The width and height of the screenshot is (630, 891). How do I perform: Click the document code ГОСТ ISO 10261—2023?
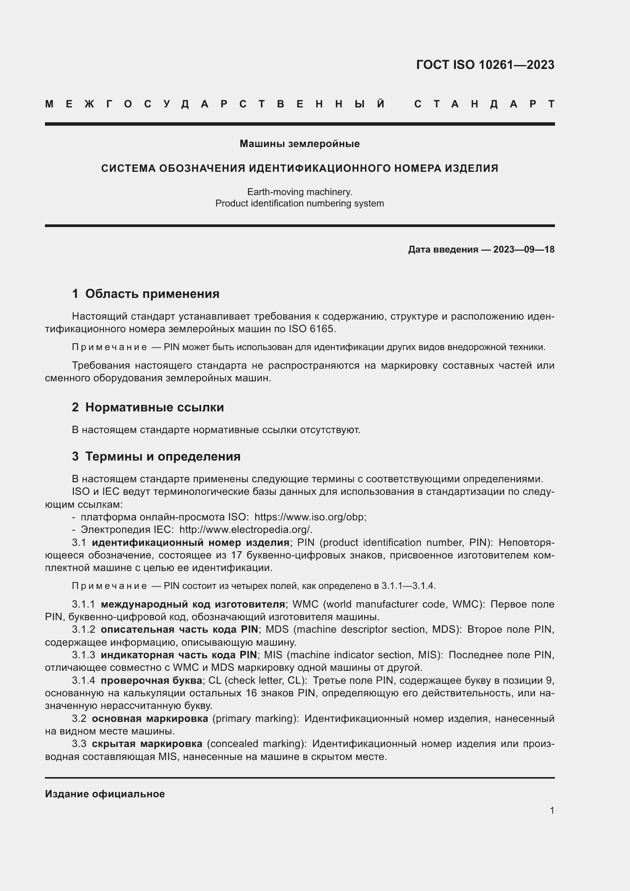pos(485,65)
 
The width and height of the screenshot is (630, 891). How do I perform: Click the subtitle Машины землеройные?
pos(299,144)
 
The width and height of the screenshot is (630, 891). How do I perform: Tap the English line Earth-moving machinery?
pos(299,192)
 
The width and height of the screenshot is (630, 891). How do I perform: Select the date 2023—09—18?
pos(524,250)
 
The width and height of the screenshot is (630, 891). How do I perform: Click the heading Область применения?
pos(152,294)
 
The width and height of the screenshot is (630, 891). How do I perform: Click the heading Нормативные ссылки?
pos(154,408)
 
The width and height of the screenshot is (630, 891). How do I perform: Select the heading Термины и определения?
pos(163,457)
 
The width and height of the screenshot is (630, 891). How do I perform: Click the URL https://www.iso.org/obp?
pos(310,517)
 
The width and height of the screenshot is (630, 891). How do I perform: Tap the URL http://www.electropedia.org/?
pos(246,530)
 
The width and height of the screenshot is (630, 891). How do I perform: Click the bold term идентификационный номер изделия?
pos(190,542)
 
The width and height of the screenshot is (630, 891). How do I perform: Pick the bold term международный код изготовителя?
pos(193,604)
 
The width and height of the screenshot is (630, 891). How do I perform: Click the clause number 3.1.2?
pos(83,629)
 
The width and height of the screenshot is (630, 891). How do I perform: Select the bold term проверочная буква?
pos(151,681)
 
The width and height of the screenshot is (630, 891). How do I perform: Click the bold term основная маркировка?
pos(150,719)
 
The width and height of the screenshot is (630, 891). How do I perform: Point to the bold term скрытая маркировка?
pos(147,744)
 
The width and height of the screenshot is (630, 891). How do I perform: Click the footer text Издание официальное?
pos(105,794)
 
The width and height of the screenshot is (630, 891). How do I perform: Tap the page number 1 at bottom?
pos(552,811)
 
